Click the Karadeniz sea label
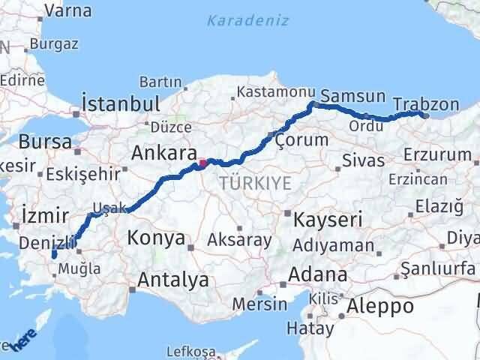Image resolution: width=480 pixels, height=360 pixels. point(247,20)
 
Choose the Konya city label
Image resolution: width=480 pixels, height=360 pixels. point(157,238)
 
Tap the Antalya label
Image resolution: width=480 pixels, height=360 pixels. point(172,280)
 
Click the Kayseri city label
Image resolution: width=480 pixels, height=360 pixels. point(328,219)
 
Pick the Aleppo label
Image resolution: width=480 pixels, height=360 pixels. point(381,306)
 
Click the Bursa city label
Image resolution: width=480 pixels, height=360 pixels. point(46,141)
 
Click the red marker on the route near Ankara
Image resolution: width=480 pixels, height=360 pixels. point(202,162)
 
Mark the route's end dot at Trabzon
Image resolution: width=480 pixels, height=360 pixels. point(425,115)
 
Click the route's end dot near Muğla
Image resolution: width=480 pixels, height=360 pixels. point(54,256)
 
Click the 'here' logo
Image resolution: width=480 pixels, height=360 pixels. point(22,342)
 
